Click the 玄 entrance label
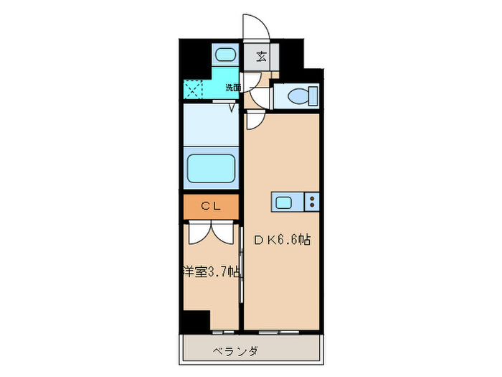pos(261,57)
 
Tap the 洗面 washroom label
pos(233,88)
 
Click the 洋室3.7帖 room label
pos(210,273)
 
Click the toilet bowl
pos(296,95)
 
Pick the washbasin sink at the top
pos(227,56)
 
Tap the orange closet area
pos(210,207)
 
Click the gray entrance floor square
pos(261,57)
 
